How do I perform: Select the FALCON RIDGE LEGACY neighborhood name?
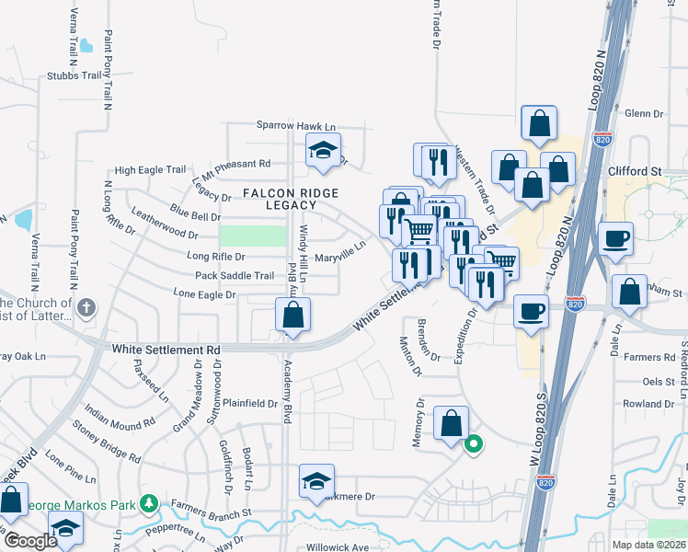coord(291,199)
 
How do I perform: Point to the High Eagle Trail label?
coord(151,170)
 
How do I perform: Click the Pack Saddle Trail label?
coord(235,276)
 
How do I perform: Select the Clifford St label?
coord(635,171)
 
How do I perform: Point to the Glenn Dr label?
coord(644,113)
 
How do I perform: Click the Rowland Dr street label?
coord(648,403)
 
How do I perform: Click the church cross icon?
coord(86,308)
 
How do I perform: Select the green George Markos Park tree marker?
coord(146,504)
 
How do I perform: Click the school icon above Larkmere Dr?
coord(316,481)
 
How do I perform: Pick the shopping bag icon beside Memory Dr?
coord(451,424)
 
